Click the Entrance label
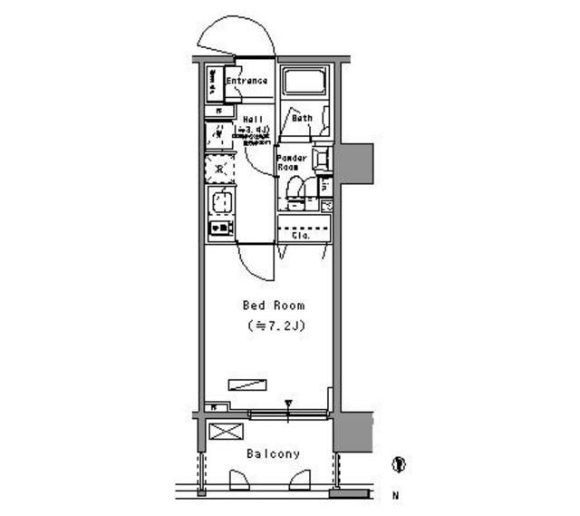tap(246, 81)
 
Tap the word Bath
tap(302, 118)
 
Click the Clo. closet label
tap(301, 235)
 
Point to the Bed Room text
tap(273, 306)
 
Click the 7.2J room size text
tap(273, 326)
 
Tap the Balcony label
tap(272, 453)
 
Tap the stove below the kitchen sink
tap(220, 228)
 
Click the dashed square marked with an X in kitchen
tap(219, 169)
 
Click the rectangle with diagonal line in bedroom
tap(246, 384)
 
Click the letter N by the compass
tap(395, 496)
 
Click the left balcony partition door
tap(240, 481)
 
